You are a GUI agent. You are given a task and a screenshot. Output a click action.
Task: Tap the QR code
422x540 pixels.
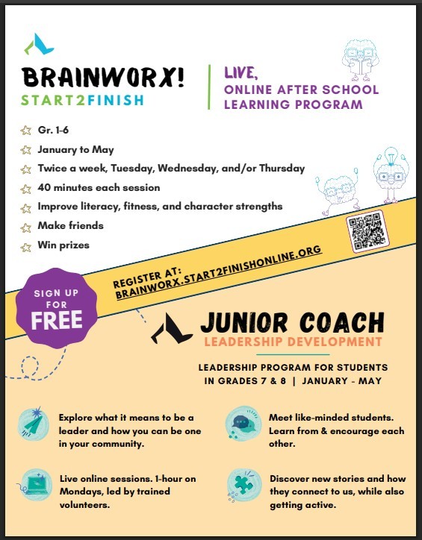368,231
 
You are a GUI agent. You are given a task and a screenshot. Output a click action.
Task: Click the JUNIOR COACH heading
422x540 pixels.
292,323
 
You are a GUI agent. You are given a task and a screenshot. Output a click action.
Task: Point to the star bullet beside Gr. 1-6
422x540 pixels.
26,131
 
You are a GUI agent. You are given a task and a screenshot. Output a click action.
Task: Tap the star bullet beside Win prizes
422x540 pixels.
26,244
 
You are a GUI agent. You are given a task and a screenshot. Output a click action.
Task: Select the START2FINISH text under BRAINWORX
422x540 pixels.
82,101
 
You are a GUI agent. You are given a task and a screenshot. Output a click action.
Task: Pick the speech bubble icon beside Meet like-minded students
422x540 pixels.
241,423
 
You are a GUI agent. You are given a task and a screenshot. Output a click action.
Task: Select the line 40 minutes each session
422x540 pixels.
99,187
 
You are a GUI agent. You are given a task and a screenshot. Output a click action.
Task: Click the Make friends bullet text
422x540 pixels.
70,225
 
